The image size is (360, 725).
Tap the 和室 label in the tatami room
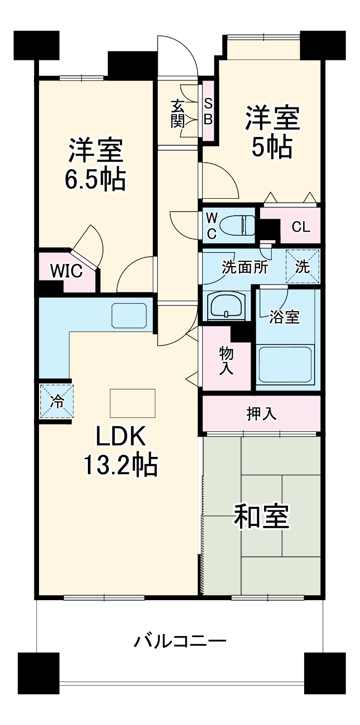[262, 516]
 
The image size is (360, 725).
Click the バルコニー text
[180, 641]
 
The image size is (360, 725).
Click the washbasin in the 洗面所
[227, 305]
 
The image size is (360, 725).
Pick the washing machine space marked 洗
[302, 267]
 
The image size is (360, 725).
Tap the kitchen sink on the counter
[129, 316]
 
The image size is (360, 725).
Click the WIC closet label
[65, 271]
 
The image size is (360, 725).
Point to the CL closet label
[301, 227]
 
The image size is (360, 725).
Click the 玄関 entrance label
[178, 113]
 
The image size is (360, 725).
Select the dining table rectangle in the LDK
[132, 403]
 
